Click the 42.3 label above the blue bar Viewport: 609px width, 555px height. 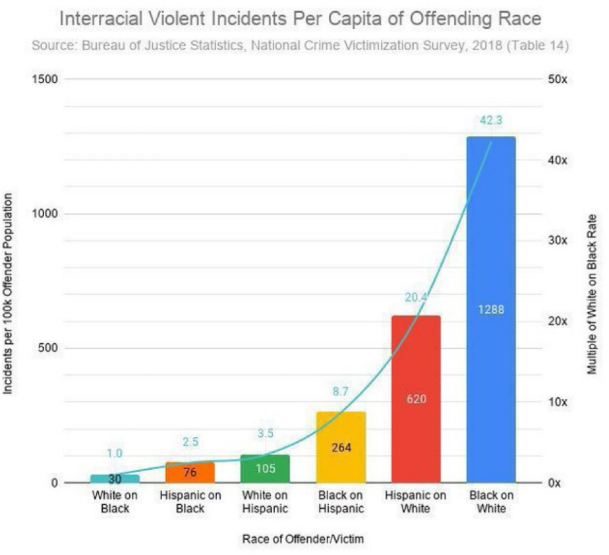coord(491,120)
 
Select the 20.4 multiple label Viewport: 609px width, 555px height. coord(416,298)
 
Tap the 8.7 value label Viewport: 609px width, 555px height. coord(341,391)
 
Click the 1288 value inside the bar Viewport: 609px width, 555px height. coord(491,309)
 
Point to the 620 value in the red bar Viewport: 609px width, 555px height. coord(416,399)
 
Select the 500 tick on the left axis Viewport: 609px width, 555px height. coord(49,348)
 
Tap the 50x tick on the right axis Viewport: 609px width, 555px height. coord(557,79)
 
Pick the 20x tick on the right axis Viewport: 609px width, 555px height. coord(557,321)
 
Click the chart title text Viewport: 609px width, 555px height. coord(300,19)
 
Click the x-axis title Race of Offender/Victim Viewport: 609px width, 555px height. coord(303,539)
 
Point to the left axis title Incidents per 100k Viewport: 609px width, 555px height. coord(9,294)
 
